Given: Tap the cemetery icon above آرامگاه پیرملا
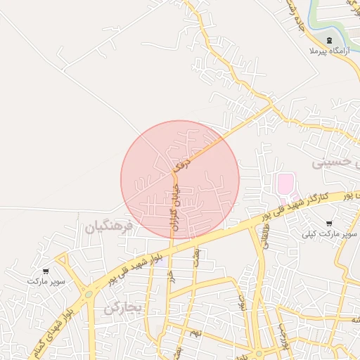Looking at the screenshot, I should point(330,39).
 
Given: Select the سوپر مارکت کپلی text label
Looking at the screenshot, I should point(328,233).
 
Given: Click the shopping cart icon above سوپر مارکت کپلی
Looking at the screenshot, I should point(328,222).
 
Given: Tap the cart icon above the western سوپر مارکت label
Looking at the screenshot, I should point(46,271).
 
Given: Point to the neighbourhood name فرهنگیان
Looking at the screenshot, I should point(108,227).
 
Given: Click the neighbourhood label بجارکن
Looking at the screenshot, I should point(123,307).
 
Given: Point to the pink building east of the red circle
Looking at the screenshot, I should point(285,186).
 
